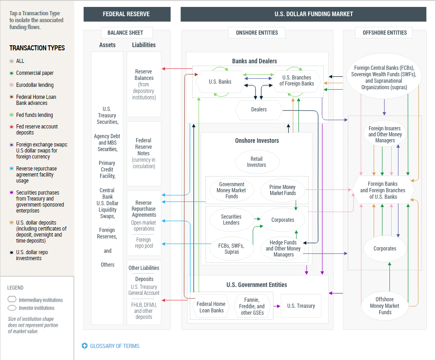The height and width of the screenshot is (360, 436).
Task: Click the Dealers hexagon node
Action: [x=259, y=110]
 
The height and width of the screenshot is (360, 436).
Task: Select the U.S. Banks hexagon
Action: [x=220, y=82]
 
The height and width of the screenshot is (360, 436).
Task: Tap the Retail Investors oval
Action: [x=257, y=162]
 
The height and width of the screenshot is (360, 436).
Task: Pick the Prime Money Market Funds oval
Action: [x=283, y=190]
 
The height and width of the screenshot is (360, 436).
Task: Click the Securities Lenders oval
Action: [x=231, y=220]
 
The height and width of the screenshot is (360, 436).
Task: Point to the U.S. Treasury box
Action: [x=301, y=306]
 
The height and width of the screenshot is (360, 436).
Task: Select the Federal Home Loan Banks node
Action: [x=212, y=307]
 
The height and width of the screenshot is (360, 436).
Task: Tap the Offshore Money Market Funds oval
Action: [x=385, y=306]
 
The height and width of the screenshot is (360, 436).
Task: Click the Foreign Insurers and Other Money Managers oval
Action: [x=385, y=134]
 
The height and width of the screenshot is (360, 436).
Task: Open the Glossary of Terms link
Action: [x=115, y=346]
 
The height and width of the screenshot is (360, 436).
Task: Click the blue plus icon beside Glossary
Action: [x=85, y=346]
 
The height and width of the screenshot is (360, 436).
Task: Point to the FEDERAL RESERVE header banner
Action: [x=127, y=14]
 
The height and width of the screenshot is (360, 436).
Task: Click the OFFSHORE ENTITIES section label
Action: [x=385, y=33]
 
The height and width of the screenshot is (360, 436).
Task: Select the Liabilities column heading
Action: [x=144, y=45]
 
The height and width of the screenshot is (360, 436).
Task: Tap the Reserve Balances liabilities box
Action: [x=144, y=84]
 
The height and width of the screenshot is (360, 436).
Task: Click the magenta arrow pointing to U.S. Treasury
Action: [x=277, y=306]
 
